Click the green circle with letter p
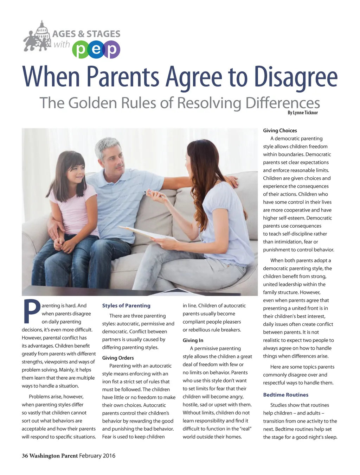pyautogui.click(x=81, y=50)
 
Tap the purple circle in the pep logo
pyautogui.click(x=111, y=50)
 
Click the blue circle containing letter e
pyautogui.click(x=96, y=50)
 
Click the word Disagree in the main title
pyautogui.click(x=296, y=77)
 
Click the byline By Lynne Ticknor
pyautogui.click(x=303, y=113)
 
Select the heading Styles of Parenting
pyautogui.click(x=126, y=306)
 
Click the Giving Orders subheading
pyautogui.click(x=118, y=358)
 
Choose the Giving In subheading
pyautogui.click(x=193, y=340)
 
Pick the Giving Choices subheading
pyautogui.click(x=280, y=131)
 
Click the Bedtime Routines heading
pyautogui.click(x=285, y=395)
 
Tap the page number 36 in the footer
pyautogui.click(x=25, y=456)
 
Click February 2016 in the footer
pyautogui.click(x=97, y=456)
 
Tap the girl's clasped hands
pyautogui.click(x=67, y=244)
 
